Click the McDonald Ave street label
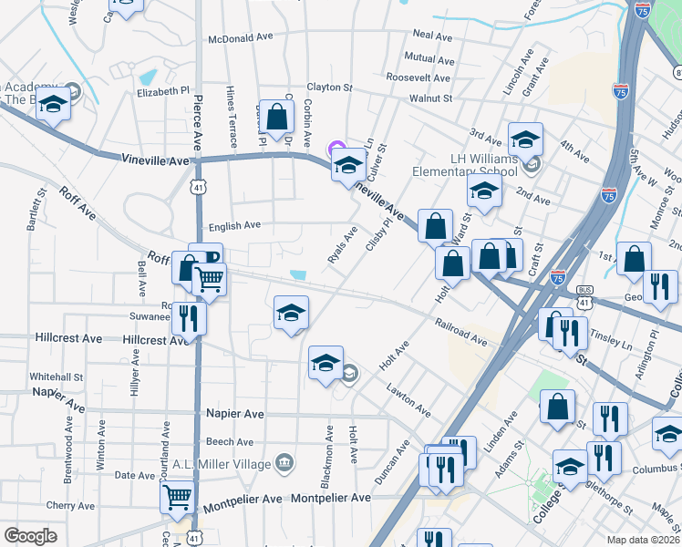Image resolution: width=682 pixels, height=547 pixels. (x=241, y=39)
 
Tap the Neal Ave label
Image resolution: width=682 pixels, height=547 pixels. (x=433, y=36)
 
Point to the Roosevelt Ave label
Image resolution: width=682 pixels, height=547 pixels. (x=418, y=78)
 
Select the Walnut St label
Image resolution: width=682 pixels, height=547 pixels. (x=430, y=97)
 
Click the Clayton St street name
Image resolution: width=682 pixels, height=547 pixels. (x=329, y=88)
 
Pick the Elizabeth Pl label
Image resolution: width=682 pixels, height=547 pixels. (x=162, y=92)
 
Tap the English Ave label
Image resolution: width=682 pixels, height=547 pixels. (x=234, y=225)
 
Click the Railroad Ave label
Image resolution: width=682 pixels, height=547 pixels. (x=461, y=331)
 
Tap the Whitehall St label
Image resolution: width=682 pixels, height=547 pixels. (x=57, y=376)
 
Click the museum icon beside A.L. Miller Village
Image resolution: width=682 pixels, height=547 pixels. (x=285, y=463)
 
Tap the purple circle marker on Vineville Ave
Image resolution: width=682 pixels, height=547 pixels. (x=336, y=149)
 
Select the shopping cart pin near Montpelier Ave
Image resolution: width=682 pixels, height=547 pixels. (x=176, y=497)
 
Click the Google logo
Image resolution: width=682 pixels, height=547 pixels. (x=31, y=536)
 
